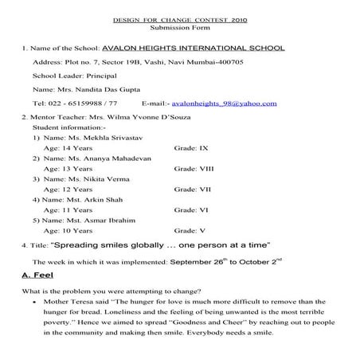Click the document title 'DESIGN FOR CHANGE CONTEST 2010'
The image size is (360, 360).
179,18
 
